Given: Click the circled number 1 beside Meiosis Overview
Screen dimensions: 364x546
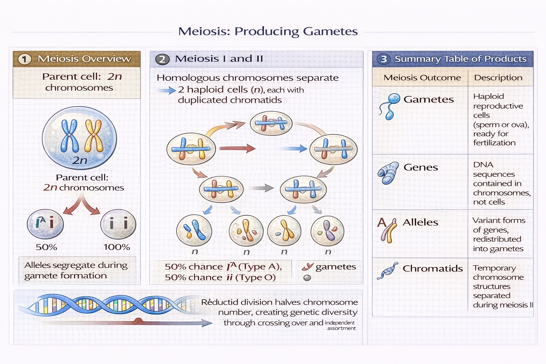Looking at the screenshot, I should click(x=25, y=59).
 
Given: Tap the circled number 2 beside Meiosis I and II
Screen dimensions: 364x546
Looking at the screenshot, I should click(x=162, y=59).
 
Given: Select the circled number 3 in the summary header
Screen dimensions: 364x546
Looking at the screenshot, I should click(x=384, y=59).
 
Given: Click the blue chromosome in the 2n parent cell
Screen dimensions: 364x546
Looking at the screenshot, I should click(x=70, y=136).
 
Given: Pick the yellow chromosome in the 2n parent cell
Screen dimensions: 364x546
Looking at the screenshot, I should click(x=93, y=136).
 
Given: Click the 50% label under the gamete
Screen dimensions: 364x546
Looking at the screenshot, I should click(x=46, y=247).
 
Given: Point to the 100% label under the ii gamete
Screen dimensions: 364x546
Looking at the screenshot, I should click(x=117, y=247).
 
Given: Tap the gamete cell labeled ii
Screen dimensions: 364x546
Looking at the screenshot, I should click(x=118, y=224).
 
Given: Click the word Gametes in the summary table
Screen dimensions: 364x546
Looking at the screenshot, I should click(x=428, y=100).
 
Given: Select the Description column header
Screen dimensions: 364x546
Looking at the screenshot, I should click(x=498, y=78).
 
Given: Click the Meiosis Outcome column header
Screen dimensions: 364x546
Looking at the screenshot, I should click(x=422, y=78).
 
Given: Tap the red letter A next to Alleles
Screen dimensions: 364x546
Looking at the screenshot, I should click(x=381, y=223).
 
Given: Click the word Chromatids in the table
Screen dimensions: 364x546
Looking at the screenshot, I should click(x=433, y=269).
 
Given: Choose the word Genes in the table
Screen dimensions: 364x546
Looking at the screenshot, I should click(x=421, y=167).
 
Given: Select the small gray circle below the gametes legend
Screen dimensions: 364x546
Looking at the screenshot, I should click(x=307, y=278).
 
